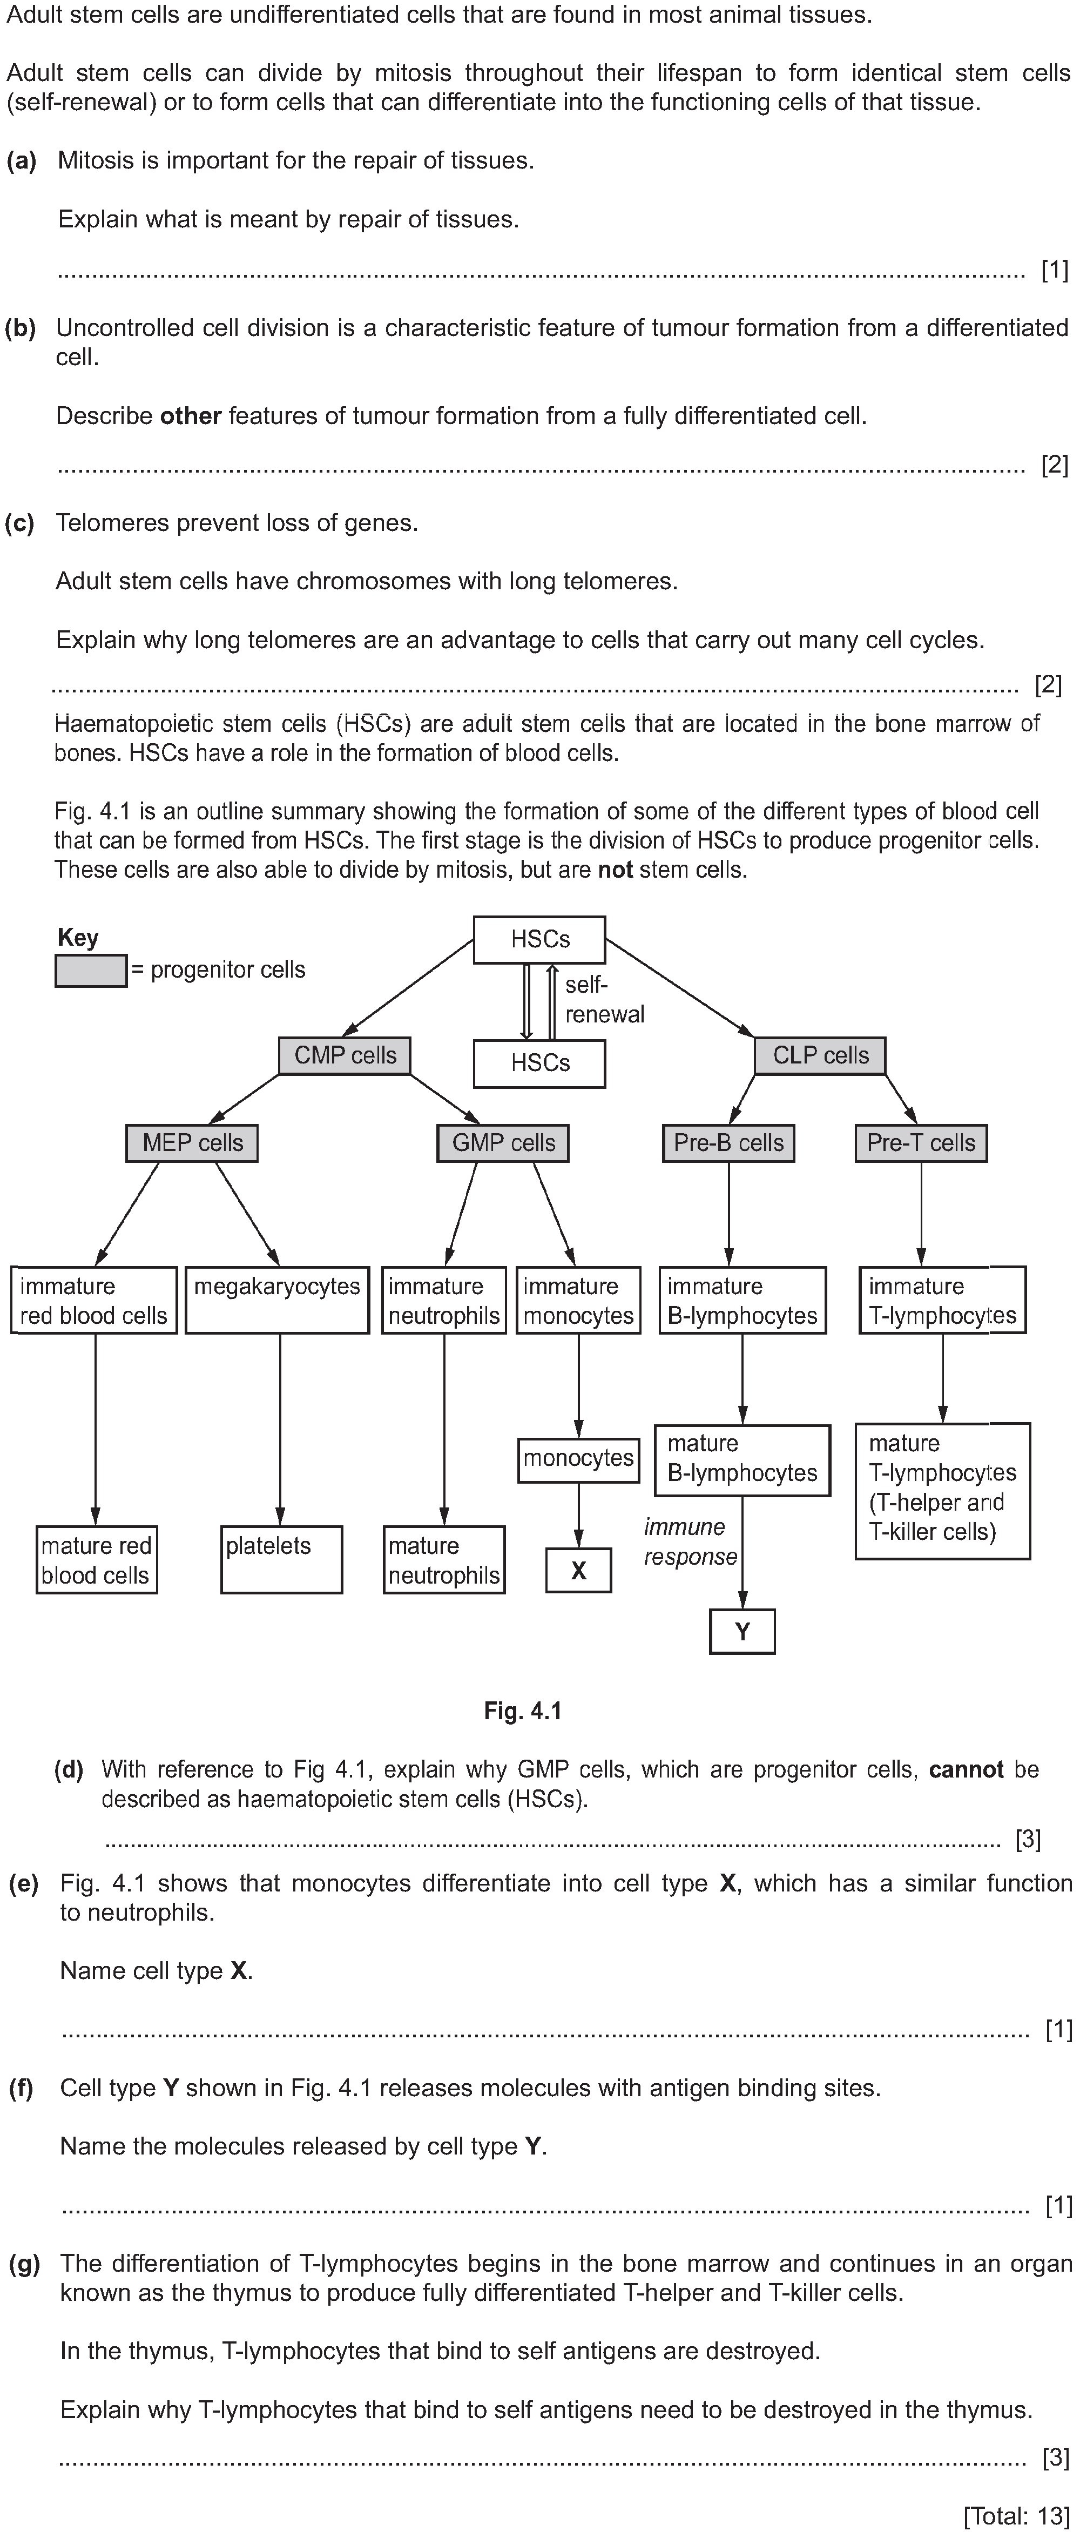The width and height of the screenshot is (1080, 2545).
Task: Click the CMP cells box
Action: (345, 1055)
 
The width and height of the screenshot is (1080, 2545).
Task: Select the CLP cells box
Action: (820, 1055)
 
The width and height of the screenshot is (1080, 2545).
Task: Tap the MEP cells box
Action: (192, 1143)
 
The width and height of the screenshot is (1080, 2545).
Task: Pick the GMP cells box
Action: (503, 1143)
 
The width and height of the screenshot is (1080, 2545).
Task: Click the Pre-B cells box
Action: (728, 1143)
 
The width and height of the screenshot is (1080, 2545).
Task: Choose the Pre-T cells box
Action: (921, 1143)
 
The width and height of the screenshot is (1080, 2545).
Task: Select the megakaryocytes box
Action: (278, 1300)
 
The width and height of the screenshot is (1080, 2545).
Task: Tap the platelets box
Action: (282, 1560)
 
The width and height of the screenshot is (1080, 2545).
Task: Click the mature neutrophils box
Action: (444, 1560)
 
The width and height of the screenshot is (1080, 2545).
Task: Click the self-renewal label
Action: (604, 999)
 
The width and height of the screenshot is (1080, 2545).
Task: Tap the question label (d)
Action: (68, 1769)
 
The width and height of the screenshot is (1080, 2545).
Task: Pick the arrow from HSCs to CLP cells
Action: (680, 988)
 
